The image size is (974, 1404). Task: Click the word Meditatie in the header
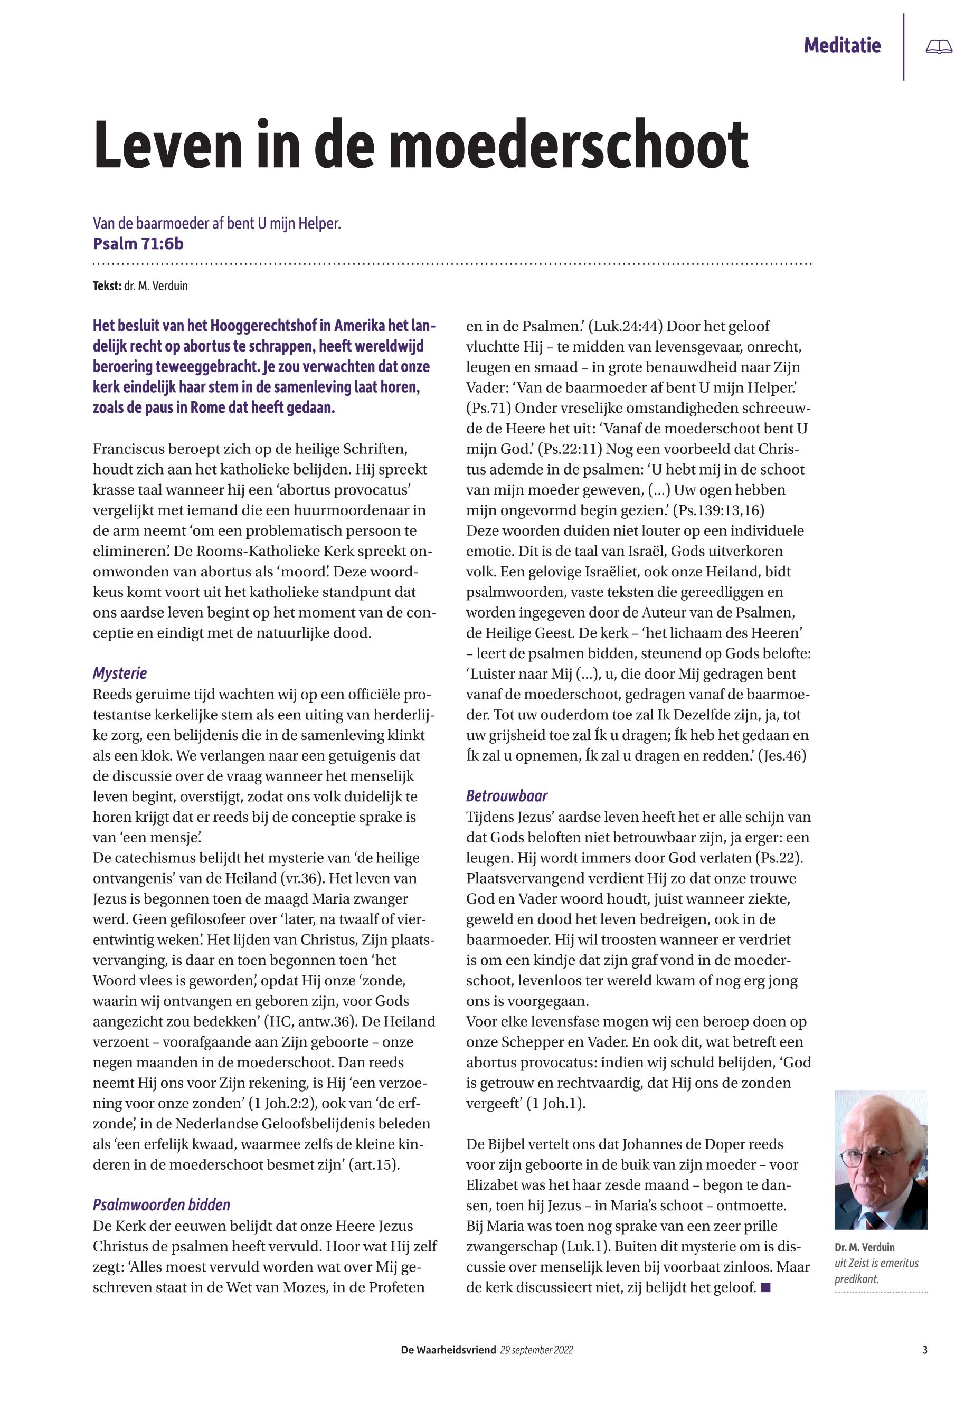(841, 46)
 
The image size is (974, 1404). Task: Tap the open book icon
(939, 47)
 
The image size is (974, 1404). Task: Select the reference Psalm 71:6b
(138, 244)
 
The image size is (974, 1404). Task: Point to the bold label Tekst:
(107, 286)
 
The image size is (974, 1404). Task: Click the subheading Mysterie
(120, 673)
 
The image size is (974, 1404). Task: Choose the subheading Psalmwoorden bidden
(161, 1205)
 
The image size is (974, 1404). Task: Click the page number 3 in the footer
(925, 1350)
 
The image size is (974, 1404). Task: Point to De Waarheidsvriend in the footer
(448, 1350)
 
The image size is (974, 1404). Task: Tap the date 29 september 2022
(536, 1350)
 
